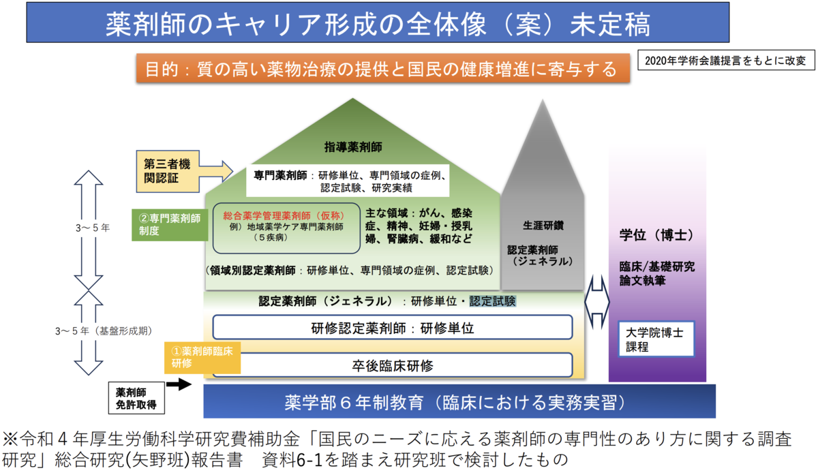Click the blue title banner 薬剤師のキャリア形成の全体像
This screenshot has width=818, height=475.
tap(378, 23)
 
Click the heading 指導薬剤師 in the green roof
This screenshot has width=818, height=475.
tap(352, 147)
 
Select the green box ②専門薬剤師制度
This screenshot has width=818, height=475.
tap(170, 225)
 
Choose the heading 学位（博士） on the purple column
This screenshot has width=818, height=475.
tap(656, 235)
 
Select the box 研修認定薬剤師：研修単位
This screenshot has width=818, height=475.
tap(392, 328)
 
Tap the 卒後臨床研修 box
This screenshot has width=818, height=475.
tap(392, 365)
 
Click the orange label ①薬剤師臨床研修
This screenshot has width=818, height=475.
tap(202, 357)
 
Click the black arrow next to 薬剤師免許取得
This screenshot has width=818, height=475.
tap(179, 385)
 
